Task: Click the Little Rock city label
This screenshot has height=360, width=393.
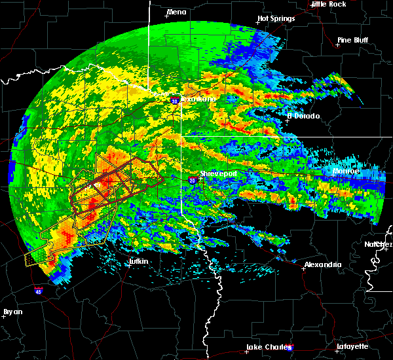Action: click(x=328, y=4)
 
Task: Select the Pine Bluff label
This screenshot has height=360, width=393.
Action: click(x=352, y=40)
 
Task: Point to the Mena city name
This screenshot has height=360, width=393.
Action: click(x=176, y=12)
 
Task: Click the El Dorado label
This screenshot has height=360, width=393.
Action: click(x=303, y=116)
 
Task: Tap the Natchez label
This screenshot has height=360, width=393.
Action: click(x=379, y=244)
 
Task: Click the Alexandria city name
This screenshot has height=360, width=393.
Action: click(x=322, y=264)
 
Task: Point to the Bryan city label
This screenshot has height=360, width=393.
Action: click(x=12, y=311)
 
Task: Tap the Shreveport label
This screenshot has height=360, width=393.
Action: click(x=217, y=173)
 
